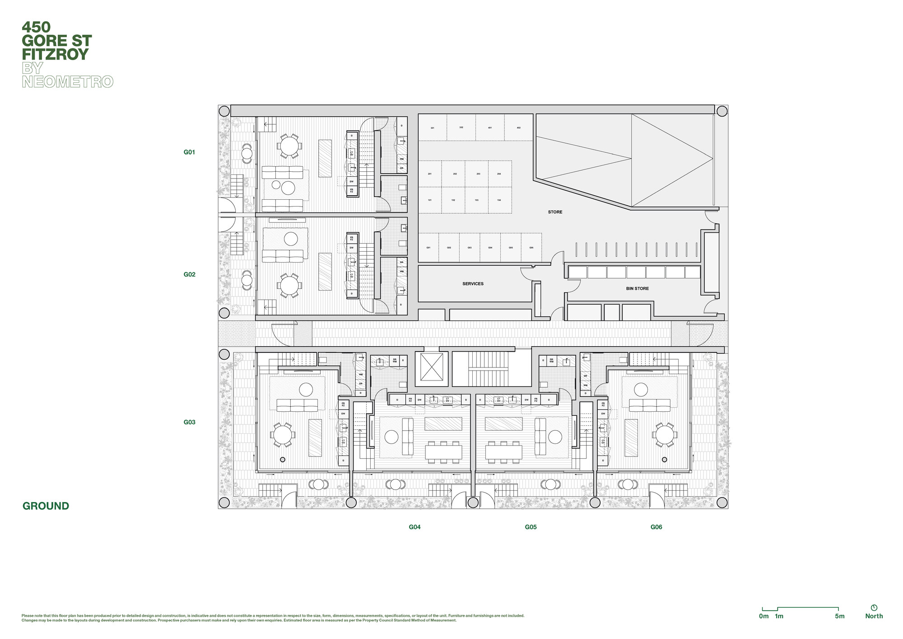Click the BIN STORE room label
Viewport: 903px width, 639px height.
637,288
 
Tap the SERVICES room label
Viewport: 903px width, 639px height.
473,284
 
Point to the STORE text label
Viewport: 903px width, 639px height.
555,212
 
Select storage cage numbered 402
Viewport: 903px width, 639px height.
518,127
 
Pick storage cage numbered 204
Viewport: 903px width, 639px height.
499,174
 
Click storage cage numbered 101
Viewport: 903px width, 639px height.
429,200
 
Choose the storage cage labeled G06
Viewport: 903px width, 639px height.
531,248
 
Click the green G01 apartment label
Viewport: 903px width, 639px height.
189,152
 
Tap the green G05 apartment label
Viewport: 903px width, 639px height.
531,527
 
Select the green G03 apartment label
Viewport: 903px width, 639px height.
189,422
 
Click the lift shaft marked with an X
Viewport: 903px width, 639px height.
431,367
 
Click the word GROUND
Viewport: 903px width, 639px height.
46,506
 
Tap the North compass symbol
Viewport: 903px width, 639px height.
874,608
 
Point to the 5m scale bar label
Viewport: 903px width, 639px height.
839,616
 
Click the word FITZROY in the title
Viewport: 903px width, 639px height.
55,55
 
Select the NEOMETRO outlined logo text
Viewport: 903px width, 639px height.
67,82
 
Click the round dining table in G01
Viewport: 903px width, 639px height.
289,146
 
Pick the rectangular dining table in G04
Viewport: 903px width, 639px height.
443,452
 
